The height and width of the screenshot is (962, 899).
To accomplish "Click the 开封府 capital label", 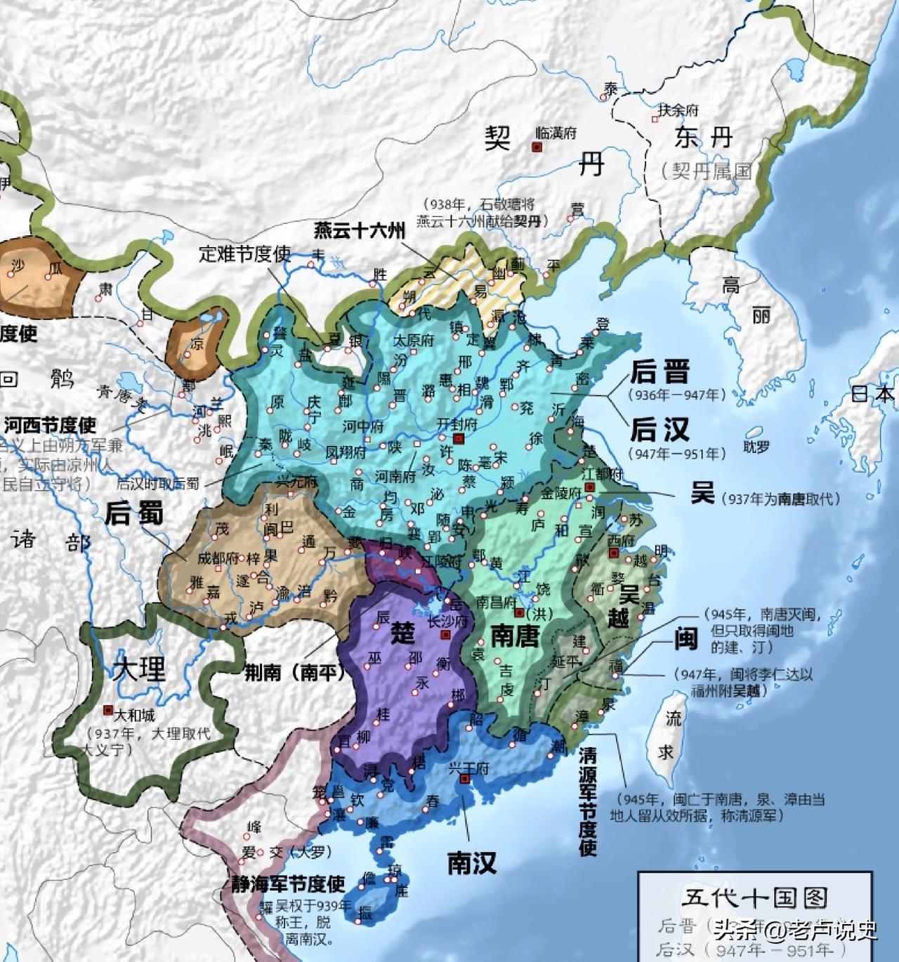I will pyautogui.click(x=457, y=425).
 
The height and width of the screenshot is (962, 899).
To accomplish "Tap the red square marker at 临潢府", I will pyautogui.click(x=537, y=147).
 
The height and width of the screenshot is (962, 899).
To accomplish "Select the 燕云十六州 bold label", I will pyautogui.click(x=359, y=230).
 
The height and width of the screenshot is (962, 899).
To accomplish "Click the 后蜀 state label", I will pyautogui.click(x=134, y=513).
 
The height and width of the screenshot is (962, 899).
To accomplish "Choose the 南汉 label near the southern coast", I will pyautogui.click(x=472, y=862).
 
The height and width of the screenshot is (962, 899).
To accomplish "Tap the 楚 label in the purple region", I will pyautogui.click(x=402, y=633).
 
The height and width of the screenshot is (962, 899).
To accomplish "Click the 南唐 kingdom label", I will pyautogui.click(x=514, y=635).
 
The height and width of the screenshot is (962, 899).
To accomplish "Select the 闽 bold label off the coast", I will pyautogui.click(x=685, y=638).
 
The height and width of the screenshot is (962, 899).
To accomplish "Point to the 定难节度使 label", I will pyautogui.click(x=244, y=253).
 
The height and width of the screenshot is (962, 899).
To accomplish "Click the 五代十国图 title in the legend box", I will pyautogui.click(x=754, y=897).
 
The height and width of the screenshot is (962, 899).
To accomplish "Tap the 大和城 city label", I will pyautogui.click(x=134, y=716).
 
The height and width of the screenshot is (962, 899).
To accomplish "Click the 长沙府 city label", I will pyautogui.click(x=447, y=621).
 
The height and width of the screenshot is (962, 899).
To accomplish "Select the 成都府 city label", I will pyautogui.click(x=218, y=559).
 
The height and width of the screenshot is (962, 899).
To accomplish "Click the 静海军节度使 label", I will pyautogui.click(x=288, y=883).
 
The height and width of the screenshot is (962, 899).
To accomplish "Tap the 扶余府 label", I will pyautogui.click(x=678, y=110).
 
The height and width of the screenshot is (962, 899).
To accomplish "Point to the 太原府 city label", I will pyautogui.click(x=413, y=341).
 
